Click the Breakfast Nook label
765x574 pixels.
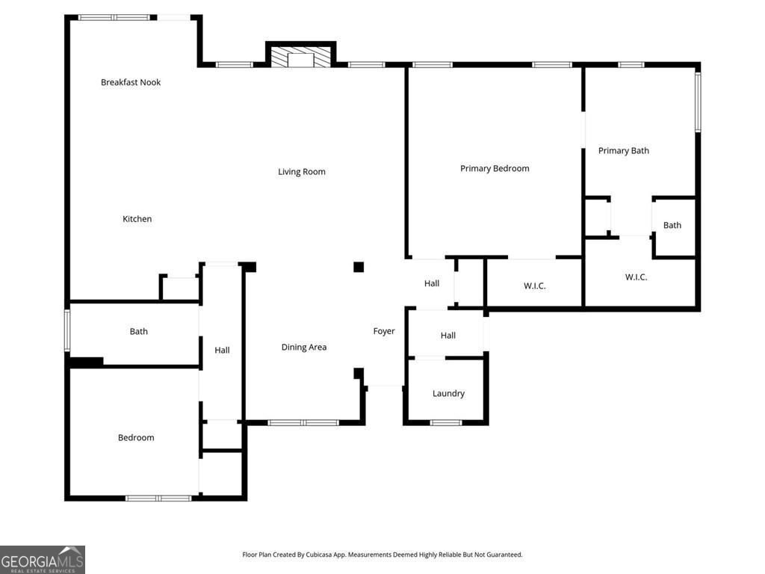(x=131, y=82)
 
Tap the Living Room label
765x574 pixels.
(x=302, y=172)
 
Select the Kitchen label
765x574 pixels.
(x=137, y=219)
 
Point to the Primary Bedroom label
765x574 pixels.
(x=495, y=169)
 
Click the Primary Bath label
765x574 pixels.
(x=624, y=151)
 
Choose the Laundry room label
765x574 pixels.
(x=448, y=394)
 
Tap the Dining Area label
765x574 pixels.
(x=304, y=348)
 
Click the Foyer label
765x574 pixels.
(x=384, y=331)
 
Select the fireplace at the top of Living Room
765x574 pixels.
(x=301, y=58)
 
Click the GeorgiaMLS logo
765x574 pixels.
(x=43, y=560)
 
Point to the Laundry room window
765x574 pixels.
(x=446, y=423)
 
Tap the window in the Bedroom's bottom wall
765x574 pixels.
(x=158, y=498)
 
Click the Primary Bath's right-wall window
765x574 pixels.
(x=698, y=102)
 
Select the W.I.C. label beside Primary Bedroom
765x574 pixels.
(x=534, y=286)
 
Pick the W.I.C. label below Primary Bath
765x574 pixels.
(x=636, y=277)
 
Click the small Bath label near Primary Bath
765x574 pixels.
(x=672, y=226)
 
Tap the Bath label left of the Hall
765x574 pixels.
(x=139, y=332)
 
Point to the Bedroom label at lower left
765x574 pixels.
(x=136, y=438)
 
